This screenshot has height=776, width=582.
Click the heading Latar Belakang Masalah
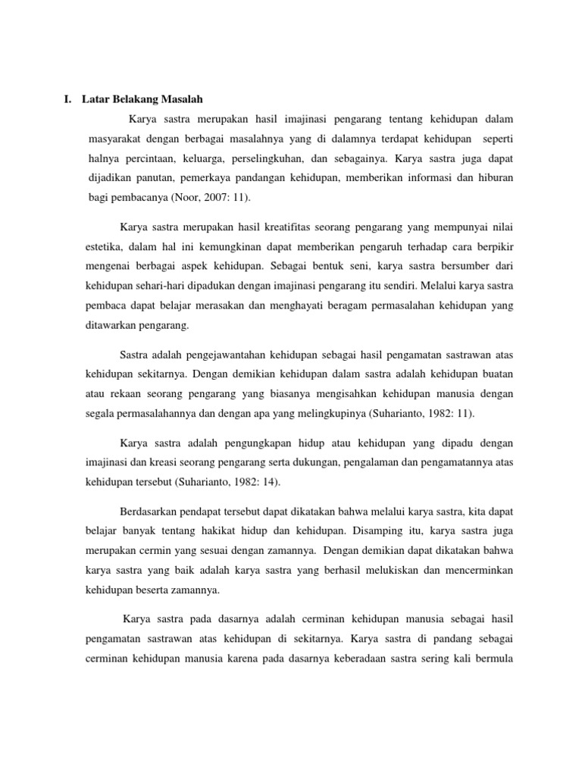[145, 99]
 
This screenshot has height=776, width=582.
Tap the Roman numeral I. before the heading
[68, 99]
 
